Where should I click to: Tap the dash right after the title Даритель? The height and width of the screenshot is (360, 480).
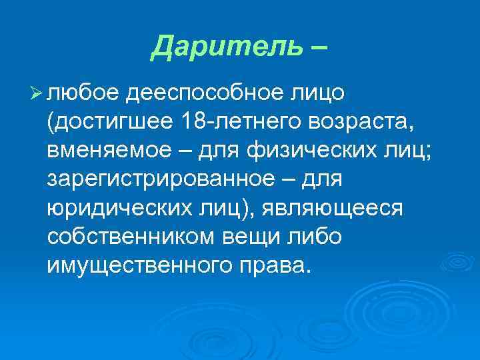(x=317, y=47)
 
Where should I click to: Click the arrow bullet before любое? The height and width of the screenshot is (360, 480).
(x=37, y=94)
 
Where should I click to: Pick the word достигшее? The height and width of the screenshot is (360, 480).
(x=111, y=123)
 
